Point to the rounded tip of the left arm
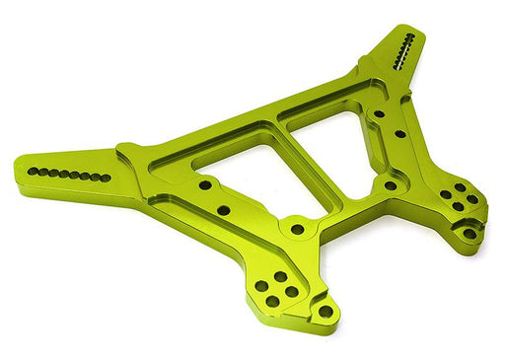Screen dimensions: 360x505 coord(20,170)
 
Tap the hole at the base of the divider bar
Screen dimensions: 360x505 coord(297,229)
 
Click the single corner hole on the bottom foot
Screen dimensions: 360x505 coord(325,312)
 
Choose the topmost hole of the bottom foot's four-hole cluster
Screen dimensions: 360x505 coord(280,277)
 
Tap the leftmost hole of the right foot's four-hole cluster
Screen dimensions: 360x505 coord(446,194)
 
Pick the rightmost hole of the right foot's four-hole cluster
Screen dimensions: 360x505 coord(472,199)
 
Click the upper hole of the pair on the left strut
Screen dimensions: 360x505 coord(204,184)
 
